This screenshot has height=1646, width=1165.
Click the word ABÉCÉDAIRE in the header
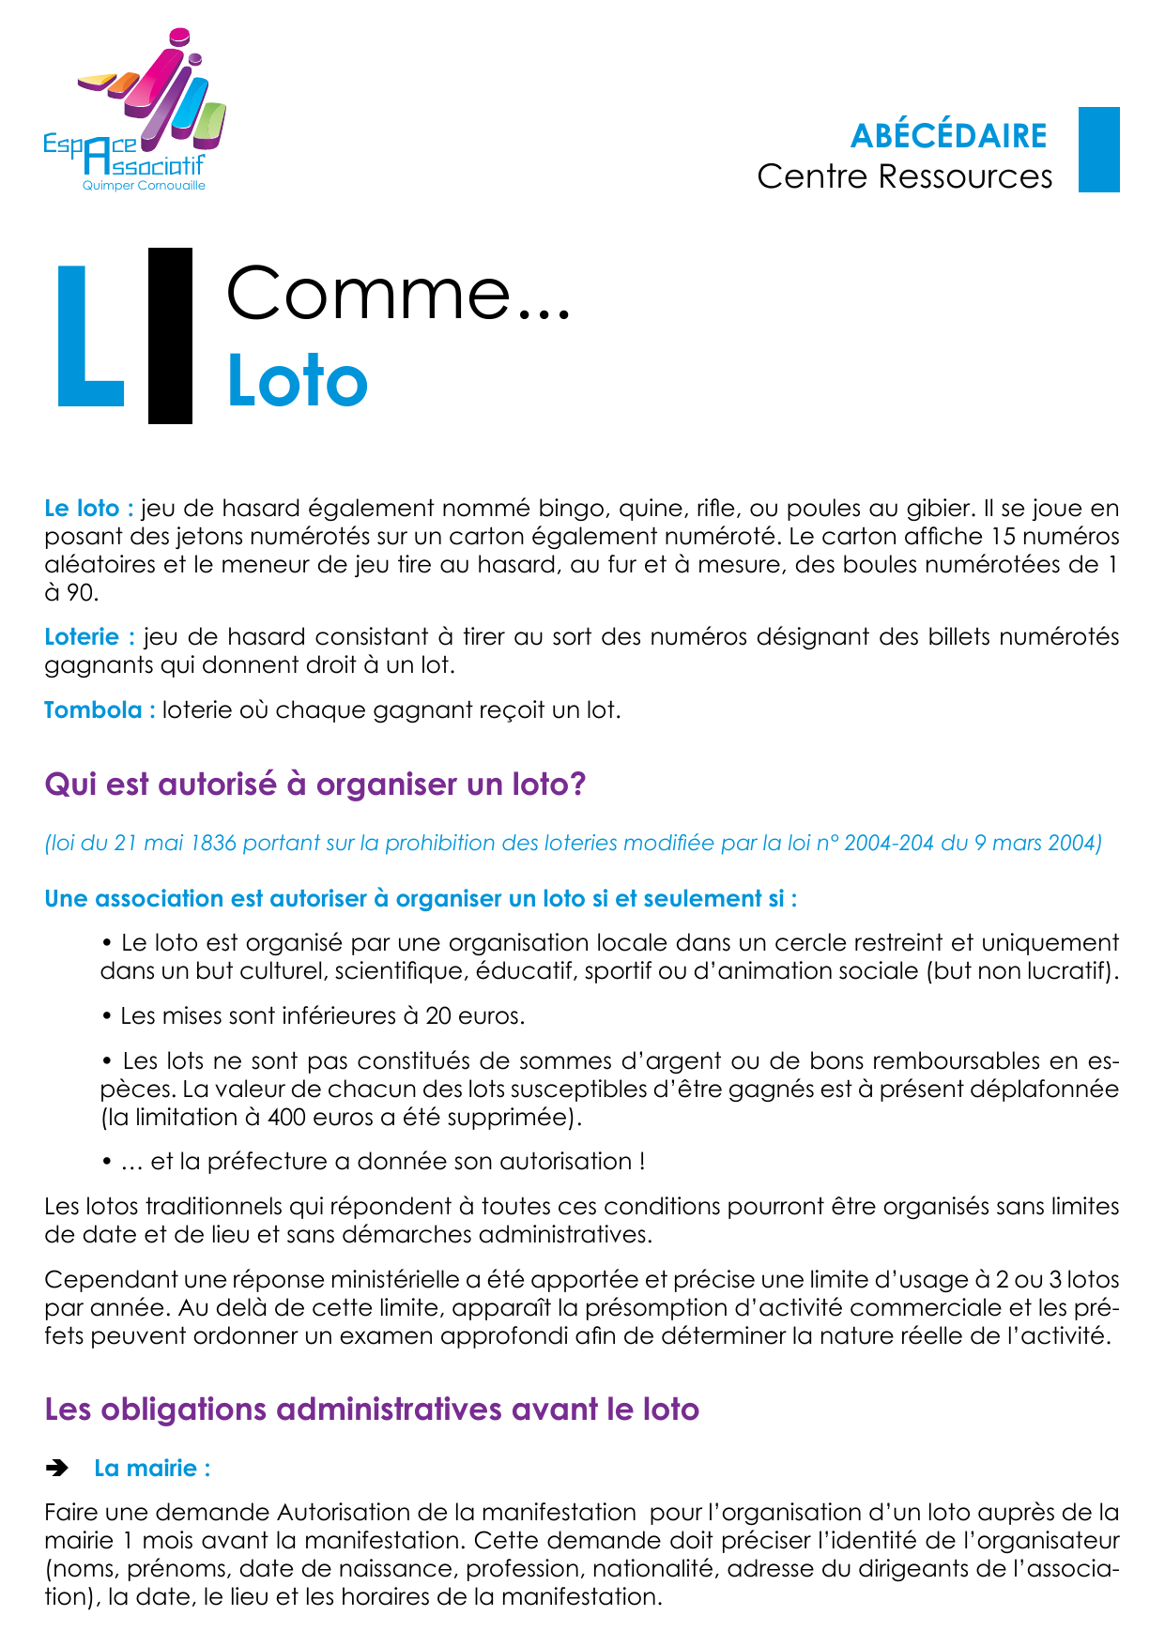(948, 137)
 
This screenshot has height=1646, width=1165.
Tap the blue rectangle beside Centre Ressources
(1098, 150)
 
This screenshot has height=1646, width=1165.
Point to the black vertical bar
(170, 335)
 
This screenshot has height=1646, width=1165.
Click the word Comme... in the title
(398, 294)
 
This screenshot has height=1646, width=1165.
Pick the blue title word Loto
(298, 382)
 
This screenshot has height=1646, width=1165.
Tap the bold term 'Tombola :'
(100, 710)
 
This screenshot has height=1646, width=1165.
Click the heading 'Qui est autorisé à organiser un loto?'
(315, 784)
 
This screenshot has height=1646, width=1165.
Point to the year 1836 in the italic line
(213, 843)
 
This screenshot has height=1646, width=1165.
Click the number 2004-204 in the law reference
(889, 843)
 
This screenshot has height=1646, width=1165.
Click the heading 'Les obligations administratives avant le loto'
(372, 1410)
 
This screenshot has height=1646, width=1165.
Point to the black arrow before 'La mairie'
(57, 1469)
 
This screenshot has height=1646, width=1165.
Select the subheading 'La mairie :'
(152, 1469)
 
